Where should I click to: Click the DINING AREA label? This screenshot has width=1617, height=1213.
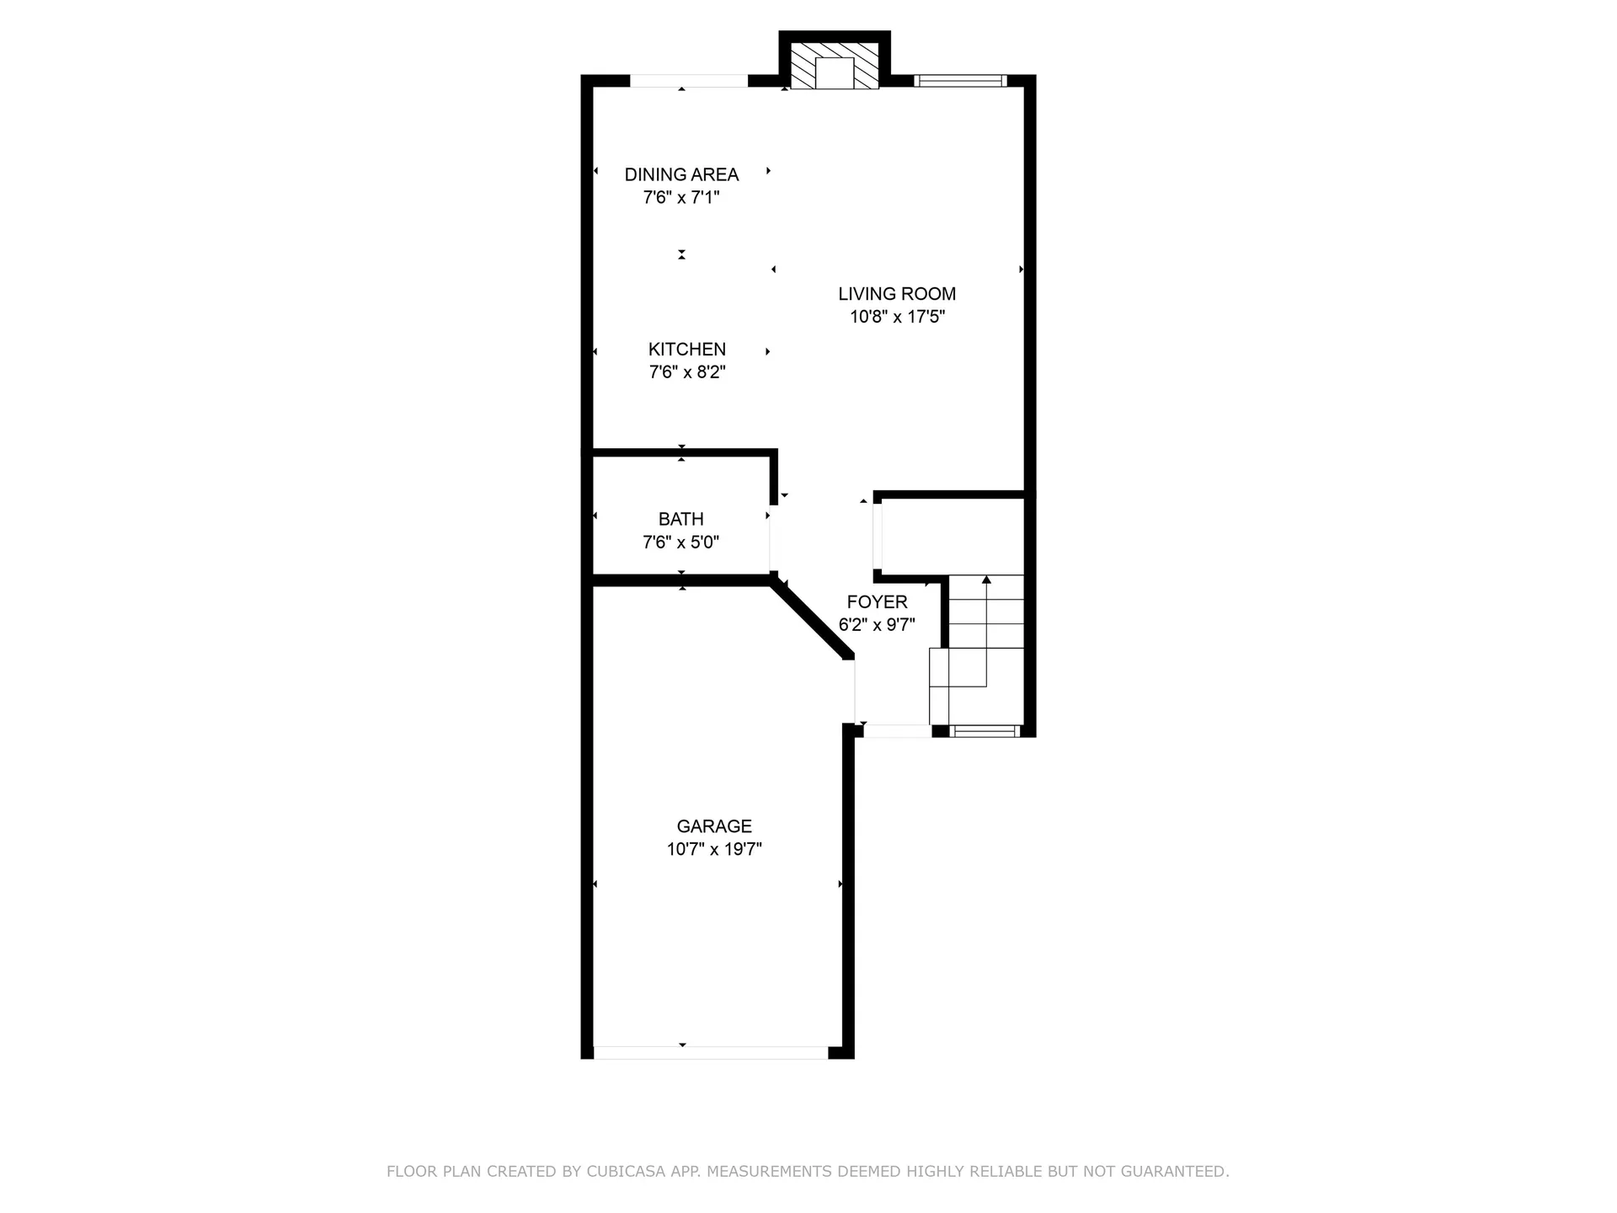(681, 174)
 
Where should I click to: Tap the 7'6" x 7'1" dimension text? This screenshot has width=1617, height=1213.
(681, 197)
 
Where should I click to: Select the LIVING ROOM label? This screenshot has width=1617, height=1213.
(897, 294)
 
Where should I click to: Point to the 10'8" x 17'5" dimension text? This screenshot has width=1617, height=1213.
(897, 317)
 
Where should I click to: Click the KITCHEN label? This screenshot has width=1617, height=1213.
(686, 349)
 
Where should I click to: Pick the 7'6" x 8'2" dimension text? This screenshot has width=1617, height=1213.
(686, 371)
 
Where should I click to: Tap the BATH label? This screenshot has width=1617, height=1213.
(680, 519)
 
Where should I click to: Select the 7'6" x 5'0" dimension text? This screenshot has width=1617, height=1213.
(680, 542)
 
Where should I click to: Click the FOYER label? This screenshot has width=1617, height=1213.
(877, 601)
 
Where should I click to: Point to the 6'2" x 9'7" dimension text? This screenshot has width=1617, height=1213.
(877, 624)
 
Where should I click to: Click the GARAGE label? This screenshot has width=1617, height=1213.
(714, 826)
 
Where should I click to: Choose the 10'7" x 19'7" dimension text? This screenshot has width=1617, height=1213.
(714, 849)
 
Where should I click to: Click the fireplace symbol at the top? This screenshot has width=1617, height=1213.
(835, 67)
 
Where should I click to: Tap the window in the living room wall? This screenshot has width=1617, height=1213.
(960, 81)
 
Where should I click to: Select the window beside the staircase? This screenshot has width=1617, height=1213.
(984, 730)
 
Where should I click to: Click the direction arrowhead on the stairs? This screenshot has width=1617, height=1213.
(986, 580)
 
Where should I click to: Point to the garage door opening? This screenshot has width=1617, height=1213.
(711, 1052)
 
